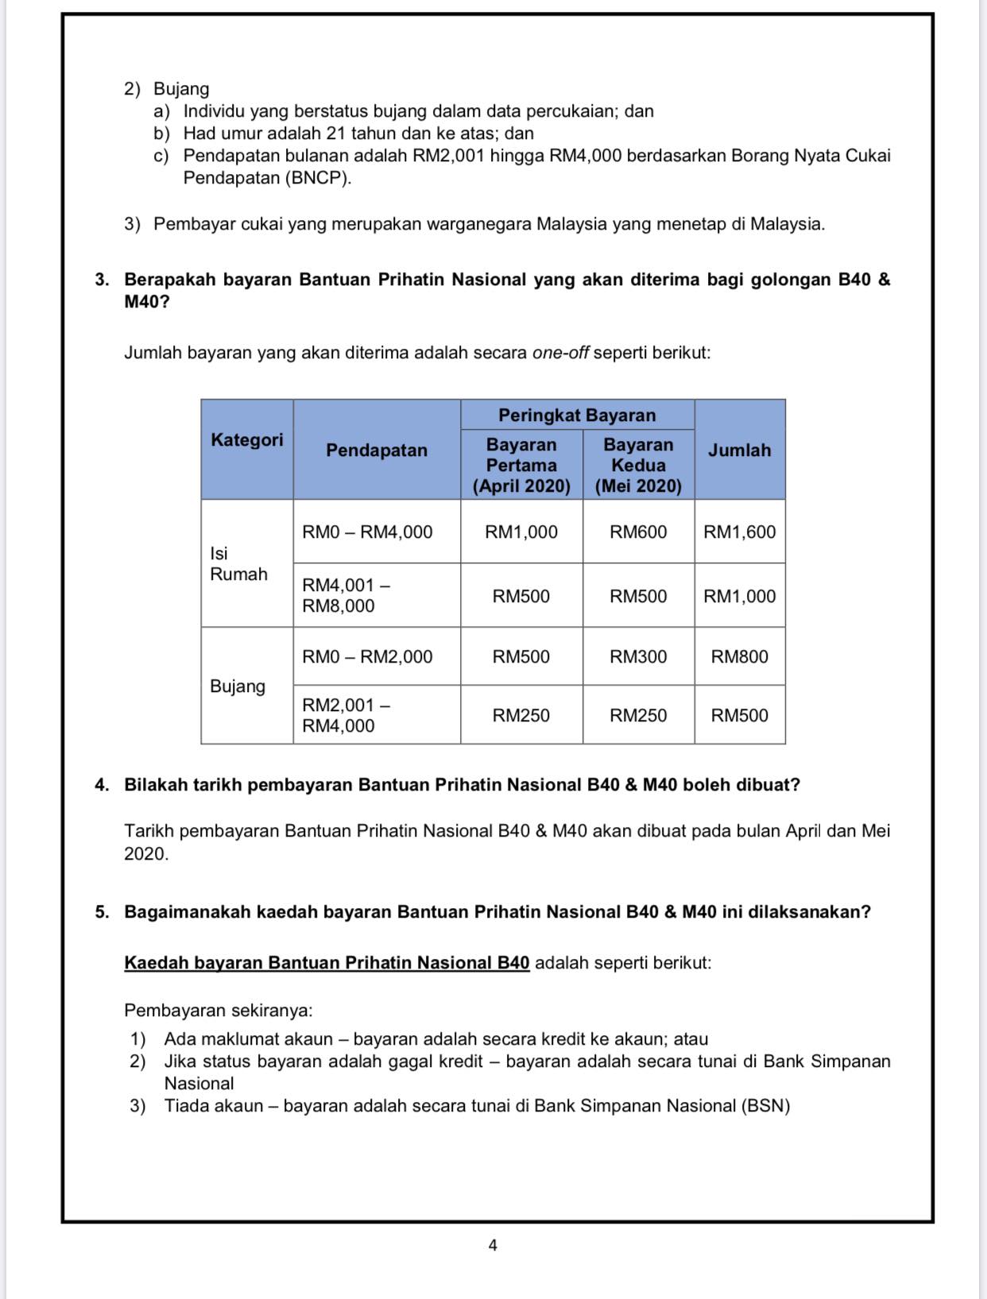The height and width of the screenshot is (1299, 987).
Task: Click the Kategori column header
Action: pos(246,440)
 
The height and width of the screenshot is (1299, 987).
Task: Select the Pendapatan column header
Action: pos(376,450)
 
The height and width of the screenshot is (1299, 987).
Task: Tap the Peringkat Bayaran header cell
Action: pos(577,415)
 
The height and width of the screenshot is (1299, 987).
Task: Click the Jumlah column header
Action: pos(739,450)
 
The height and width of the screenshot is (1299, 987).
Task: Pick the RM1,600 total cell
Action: pos(739,532)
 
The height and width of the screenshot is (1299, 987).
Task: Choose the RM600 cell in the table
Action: pos(638,532)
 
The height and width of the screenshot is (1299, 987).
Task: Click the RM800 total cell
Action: pos(739,657)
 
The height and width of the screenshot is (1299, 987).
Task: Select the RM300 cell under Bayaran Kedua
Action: pos(638,657)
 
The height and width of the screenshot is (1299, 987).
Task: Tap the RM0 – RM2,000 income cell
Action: pos(367,657)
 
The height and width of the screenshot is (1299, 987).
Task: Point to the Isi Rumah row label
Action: pos(238,563)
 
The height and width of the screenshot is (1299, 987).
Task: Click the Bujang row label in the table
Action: pos(238,686)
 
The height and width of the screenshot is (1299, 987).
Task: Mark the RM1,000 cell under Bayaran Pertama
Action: pos(521,532)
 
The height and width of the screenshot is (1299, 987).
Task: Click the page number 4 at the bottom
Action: pos(493,1245)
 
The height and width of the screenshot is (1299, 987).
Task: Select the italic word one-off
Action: pos(560,353)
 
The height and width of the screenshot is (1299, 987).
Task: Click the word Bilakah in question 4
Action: pos(155,785)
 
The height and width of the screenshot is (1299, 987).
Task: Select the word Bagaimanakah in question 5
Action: pos(187,912)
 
